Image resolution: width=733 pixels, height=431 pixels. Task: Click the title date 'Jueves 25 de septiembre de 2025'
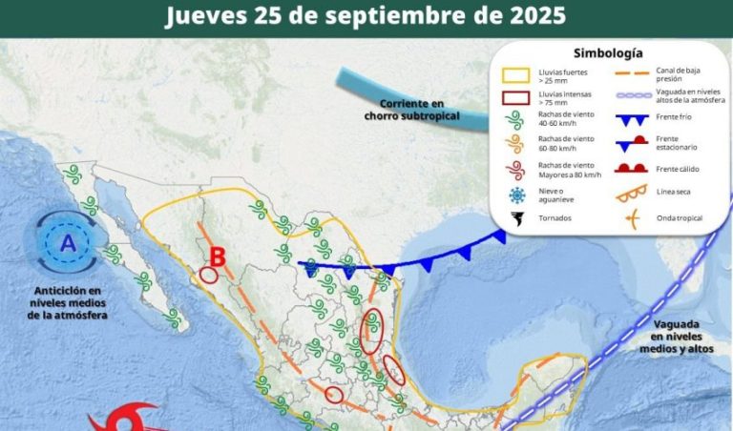(x=366, y=16)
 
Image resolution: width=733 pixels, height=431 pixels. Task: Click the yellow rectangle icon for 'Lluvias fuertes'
(x=517, y=74)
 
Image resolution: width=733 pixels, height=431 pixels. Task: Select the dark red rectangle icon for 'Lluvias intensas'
(x=517, y=96)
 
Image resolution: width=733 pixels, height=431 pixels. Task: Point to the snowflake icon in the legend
(x=517, y=195)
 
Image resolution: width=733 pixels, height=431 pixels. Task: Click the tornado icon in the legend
(x=517, y=218)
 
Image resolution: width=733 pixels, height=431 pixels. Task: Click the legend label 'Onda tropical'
(x=679, y=218)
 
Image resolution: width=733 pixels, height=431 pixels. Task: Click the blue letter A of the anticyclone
(x=67, y=244)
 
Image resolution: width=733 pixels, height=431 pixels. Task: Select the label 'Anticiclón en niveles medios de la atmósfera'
(x=68, y=302)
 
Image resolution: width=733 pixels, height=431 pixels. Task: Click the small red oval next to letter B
(x=209, y=276)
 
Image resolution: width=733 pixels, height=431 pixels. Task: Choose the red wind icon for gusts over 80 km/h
(x=517, y=170)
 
